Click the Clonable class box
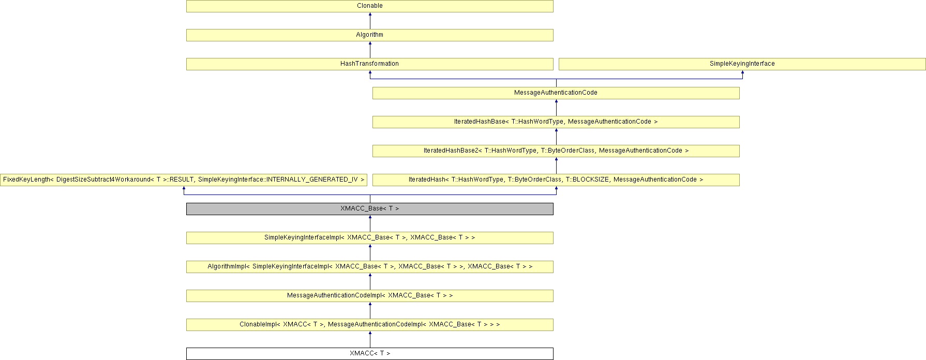(369, 6)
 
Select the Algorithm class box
(369, 35)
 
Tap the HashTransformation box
(369, 64)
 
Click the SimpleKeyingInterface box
(742, 64)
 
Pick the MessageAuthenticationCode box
(556, 93)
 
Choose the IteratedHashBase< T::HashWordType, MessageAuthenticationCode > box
(556, 122)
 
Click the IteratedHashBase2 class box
(556, 151)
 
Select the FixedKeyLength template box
(184, 179)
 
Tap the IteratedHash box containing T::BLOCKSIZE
(556, 179)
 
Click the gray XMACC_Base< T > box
(369, 208)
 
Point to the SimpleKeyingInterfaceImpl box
(369, 237)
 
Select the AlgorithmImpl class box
(369, 266)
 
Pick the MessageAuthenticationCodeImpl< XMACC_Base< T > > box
(369, 295)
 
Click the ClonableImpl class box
(369, 324)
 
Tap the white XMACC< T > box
(369, 353)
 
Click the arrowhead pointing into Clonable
(370, 14)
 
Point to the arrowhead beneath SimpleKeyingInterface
(742, 72)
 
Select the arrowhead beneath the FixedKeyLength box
(184, 188)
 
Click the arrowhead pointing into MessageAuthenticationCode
(556, 101)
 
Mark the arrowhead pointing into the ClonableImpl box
(370, 333)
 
